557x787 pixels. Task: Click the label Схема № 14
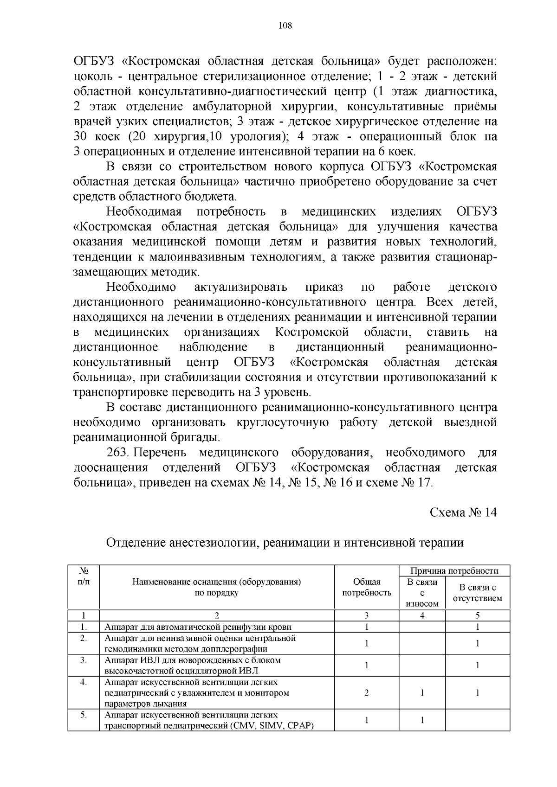pyautogui.click(x=463, y=512)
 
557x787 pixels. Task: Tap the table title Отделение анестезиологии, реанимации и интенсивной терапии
pyautogui.click(x=285, y=543)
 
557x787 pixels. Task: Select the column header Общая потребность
pyautogui.click(x=366, y=587)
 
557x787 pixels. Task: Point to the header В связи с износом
pyautogui.click(x=421, y=593)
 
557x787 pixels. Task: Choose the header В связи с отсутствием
pyautogui.click(x=477, y=593)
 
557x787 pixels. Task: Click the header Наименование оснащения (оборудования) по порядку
pyautogui.click(x=217, y=587)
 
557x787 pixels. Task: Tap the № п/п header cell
pyautogui.click(x=83, y=576)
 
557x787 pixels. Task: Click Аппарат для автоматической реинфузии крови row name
pyautogui.click(x=198, y=627)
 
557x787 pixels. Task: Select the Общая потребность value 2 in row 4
pyautogui.click(x=366, y=693)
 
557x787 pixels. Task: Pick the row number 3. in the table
pyautogui.click(x=83, y=660)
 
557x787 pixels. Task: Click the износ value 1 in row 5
pyautogui.click(x=422, y=720)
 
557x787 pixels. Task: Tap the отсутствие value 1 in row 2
pyautogui.click(x=477, y=643)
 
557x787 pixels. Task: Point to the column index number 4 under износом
pyautogui.click(x=422, y=616)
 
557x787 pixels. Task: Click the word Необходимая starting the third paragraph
pyautogui.click(x=143, y=212)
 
